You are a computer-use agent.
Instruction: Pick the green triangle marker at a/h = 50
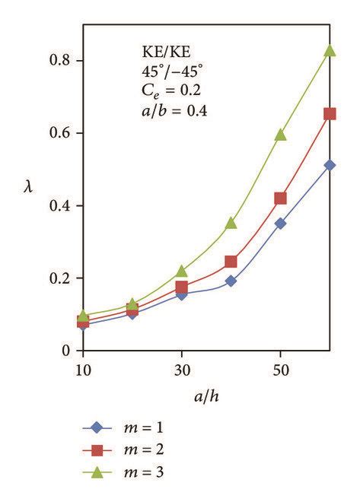click(x=281, y=135)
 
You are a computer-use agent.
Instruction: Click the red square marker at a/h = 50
click(x=281, y=199)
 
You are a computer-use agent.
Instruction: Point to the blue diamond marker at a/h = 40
click(x=231, y=281)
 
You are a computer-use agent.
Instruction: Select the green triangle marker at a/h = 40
click(x=231, y=223)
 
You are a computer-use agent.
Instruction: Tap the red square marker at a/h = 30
click(x=182, y=288)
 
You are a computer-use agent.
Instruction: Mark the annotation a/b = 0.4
click(x=167, y=111)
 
